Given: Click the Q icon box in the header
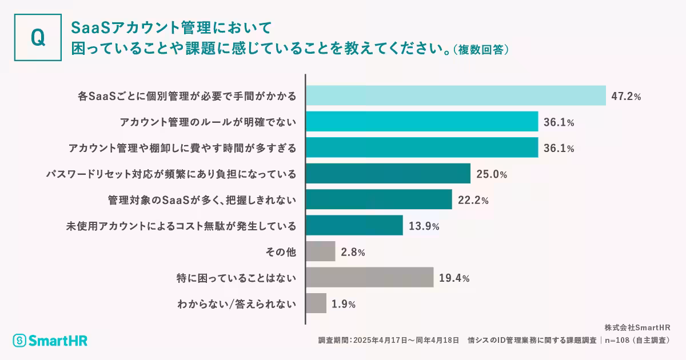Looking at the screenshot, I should (x=38, y=38).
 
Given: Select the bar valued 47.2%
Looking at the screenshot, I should (x=456, y=96).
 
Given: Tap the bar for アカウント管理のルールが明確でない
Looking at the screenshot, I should (x=422, y=122).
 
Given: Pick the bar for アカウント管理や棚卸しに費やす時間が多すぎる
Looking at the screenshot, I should (x=422, y=147).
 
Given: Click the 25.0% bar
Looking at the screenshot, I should (x=388, y=174).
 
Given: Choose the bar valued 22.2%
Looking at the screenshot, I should (x=379, y=199).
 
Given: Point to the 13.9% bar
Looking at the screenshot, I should (x=354, y=226).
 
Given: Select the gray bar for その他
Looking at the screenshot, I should (x=321, y=251).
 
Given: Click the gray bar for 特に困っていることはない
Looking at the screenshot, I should (x=370, y=278).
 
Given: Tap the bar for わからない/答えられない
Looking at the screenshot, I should (x=316, y=303).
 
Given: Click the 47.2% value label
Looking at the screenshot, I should (x=626, y=97).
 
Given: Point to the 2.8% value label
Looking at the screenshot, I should (x=353, y=252).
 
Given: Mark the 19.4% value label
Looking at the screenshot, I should (x=454, y=278).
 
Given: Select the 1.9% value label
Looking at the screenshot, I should (x=344, y=304).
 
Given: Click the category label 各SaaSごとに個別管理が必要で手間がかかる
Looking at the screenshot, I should (x=187, y=97).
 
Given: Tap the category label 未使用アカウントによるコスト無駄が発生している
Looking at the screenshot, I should (x=181, y=226).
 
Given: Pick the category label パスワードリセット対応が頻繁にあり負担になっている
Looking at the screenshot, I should (x=171, y=174).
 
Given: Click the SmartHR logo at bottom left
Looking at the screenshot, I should (x=50, y=341).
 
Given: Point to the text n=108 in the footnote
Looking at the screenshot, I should (x=619, y=340).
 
